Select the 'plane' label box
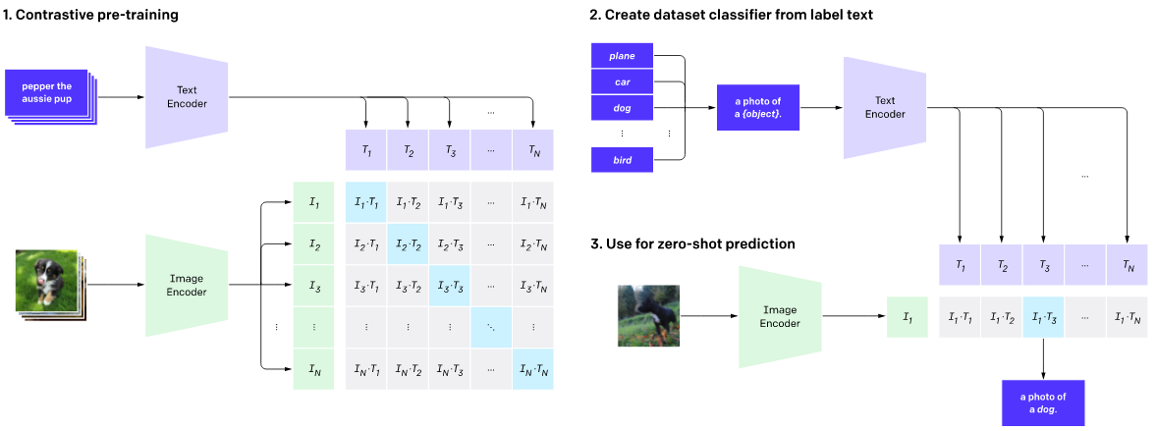tap(622, 56)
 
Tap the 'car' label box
tap(622, 81)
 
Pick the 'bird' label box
tap(622, 159)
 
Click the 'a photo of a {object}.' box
tap(758, 108)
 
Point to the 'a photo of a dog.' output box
tap(1042, 403)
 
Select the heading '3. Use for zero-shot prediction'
tap(693, 242)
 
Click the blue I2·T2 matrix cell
tap(409, 243)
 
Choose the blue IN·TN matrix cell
tap(533, 369)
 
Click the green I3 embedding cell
tap(314, 286)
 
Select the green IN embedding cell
tap(314, 369)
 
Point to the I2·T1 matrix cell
tap(366, 243)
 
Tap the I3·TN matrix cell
tap(533, 286)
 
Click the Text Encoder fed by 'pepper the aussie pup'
tap(188, 96)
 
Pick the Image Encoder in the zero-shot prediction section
tap(780, 315)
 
